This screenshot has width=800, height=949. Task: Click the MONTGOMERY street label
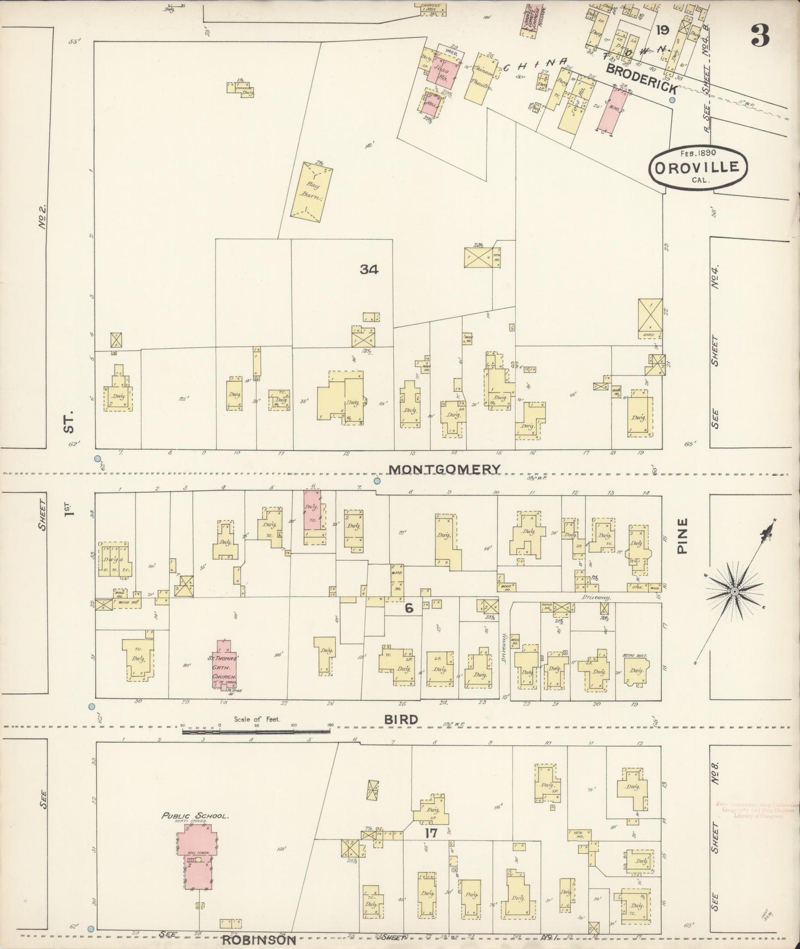coord(444,469)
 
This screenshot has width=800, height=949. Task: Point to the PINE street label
coord(682,536)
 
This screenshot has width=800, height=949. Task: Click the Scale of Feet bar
coord(256,732)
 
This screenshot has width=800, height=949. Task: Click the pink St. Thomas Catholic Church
coord(224,664)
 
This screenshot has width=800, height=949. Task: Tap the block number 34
coord(369,270)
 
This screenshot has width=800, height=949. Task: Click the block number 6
coord(409,608)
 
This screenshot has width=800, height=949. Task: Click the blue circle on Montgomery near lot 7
coord(377,481)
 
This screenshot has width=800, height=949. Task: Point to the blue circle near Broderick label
coord(672,100)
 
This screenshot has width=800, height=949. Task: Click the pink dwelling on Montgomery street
coord(313,509)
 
